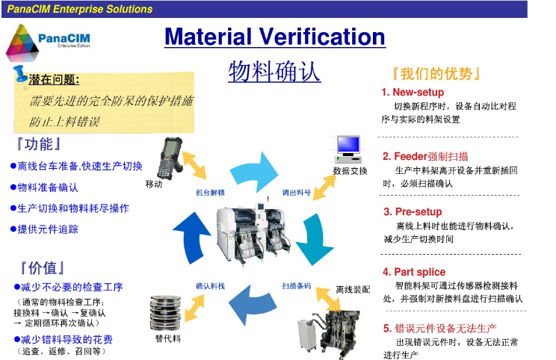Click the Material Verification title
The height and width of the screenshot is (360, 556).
pyautogui.click(x=275, y=37)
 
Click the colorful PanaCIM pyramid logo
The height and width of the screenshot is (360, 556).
pyautogui.click(x=22, y=43)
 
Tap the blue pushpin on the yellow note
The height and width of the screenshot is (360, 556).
pyautogui.click(x=20, y=75)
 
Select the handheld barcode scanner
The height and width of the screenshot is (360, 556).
pyautogui.click(x=170, y=158)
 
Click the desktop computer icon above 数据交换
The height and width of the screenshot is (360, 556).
pyautogui.click(x=347, y=149)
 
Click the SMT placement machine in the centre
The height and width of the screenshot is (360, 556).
pyautogui.click(x=253, y=233)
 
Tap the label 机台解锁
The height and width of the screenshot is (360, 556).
pyautogui.click(x=210, y=193)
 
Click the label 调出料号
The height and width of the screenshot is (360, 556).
pyautogui.click(x=297, y=193)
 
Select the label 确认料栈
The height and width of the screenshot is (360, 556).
pyautogui.click(x=210, y=286)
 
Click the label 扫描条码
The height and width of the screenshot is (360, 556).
pyautogui.click(x=297, y=286)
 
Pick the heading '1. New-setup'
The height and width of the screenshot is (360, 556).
pyautogui.click(x=413, y=92)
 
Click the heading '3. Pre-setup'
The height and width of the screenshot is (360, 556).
pyautogui.click(x=413, y=211)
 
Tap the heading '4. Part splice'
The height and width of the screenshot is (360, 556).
pyautogui.click(x=414, y=272)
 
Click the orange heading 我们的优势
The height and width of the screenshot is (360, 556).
pyautogui.click(x=436, y=74)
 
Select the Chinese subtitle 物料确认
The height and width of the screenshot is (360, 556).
pyautogui.click(x=274, y=72)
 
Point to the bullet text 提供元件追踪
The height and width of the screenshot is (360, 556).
pyautogui.click(x=44, y=229)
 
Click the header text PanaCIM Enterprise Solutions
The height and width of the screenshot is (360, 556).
pyautogui.click(x=80, y=9)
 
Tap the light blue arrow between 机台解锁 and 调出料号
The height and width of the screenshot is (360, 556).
pyautogui.click(x=254, y=172)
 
